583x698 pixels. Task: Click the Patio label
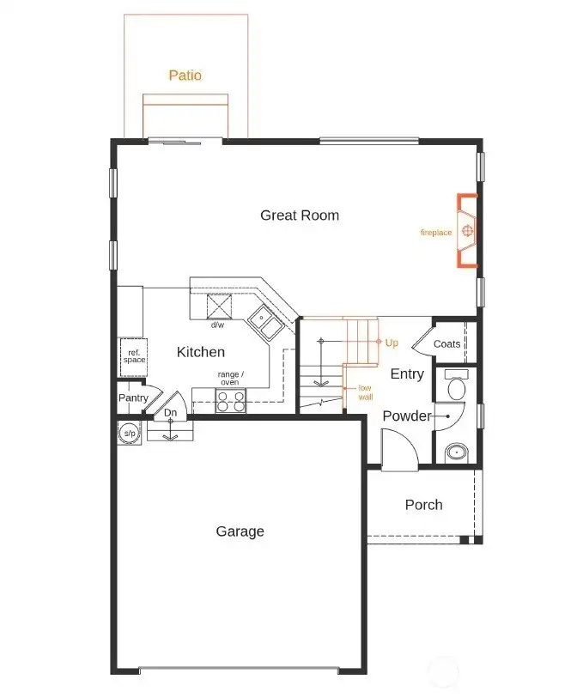[x=185, y=76]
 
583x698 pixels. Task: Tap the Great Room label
[x=300, y=215]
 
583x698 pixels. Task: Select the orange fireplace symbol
[x=467, y=231]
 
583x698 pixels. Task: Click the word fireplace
[x=435, y=233]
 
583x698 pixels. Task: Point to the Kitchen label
[x=201, y=352]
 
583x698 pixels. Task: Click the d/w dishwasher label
[x=217, y=325]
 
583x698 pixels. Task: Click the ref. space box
[x=133, y=356]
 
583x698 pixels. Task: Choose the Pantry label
[x=133, y=398]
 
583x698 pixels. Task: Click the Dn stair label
[x=170, y=413]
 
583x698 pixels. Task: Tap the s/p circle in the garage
[x=130, y=434]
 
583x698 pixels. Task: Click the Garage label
[x=240, y=531]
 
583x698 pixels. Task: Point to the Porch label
[x=423, y=505]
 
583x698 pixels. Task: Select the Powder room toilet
[x=456, y=385]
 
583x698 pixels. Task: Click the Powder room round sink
[x=456, y=452]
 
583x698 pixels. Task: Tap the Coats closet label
[x=446, y=343]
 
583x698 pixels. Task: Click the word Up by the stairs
[x=392, y=343]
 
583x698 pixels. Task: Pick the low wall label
[x=365, y=392]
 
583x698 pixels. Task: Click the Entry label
[x=406, y=374]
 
